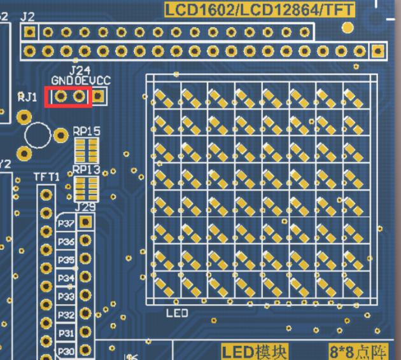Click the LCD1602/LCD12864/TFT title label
[260, 9]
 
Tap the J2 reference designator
[27, 17]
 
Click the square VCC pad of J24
[99, 97]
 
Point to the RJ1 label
[27, 97]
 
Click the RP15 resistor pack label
[86, 131]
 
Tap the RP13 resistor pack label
[86, 170]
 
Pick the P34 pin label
[66, 278]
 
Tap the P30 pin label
[66, 351]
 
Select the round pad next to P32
[85, 314]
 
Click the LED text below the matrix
[177, 313]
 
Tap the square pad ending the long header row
[379, 50]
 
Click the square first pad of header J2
[30, 32]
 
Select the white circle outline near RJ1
[38, 134]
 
